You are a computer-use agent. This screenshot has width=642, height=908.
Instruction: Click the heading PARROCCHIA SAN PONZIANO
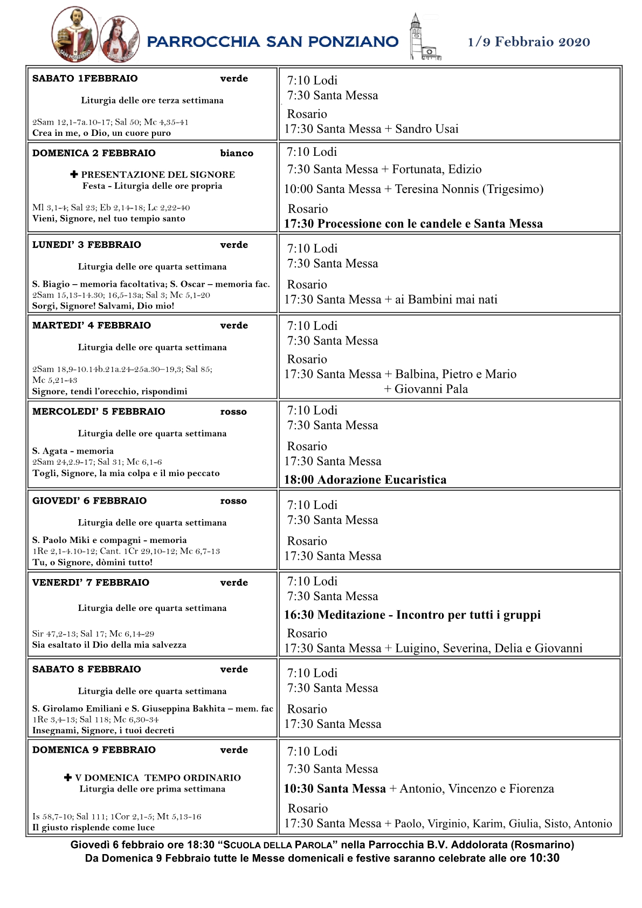[272, 42]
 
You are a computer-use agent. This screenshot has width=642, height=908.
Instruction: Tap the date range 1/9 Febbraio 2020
[528, 42]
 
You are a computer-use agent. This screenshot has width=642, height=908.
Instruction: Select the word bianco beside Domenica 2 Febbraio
[236, 153]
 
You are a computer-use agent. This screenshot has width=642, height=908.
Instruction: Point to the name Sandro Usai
[426, 129]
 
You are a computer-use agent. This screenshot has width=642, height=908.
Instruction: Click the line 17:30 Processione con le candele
[413, 224]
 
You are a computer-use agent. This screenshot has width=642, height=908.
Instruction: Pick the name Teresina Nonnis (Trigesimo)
[469, 189]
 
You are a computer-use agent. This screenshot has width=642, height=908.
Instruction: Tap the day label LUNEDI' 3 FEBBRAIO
[86, 245]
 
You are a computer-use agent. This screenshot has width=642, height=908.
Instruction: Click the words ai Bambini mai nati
[446, 300]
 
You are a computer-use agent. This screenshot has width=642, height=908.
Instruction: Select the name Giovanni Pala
[431, 389]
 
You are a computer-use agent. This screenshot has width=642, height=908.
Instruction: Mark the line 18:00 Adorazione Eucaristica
[365, 480]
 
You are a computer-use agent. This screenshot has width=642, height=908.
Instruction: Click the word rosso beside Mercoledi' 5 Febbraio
[233, 412]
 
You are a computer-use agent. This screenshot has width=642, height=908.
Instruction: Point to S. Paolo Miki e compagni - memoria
[109, 540]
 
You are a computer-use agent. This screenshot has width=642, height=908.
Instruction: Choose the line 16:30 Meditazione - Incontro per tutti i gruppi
[412, 615]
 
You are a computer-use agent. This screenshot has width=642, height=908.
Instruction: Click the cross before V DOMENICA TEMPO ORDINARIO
[68, 778]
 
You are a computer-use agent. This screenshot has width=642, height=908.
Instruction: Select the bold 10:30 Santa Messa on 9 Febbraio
[334, 789]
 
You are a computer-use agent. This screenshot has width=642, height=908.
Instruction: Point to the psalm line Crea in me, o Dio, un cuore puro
[101, 133]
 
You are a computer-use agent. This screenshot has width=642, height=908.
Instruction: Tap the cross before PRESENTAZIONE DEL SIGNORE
[74, 174]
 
